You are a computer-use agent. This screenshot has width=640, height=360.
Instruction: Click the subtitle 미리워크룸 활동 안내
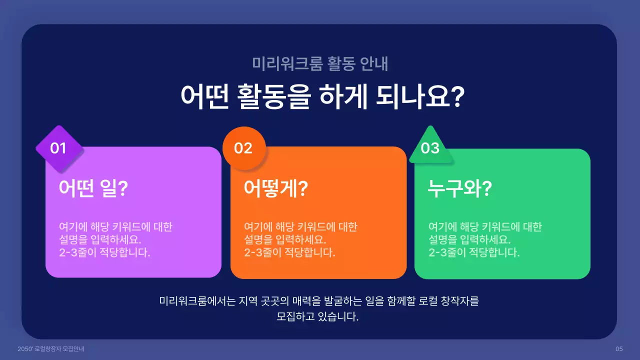point(320,64)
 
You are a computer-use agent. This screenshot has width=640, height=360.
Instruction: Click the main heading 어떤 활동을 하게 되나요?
point(320,96)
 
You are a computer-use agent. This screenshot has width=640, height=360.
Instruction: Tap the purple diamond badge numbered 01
point(59,148)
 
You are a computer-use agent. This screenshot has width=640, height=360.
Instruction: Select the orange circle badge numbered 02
point(243,148)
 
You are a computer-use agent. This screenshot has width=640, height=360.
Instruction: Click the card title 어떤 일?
point(93,189)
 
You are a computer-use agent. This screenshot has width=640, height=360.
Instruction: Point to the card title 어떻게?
point(275,189)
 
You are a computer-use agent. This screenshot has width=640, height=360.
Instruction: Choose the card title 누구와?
point(460,189)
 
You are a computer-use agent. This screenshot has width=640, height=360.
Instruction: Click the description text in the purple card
point(115,239)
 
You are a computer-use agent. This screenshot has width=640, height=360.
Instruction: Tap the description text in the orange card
point(300,239)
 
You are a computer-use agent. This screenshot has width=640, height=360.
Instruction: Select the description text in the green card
point(485,239)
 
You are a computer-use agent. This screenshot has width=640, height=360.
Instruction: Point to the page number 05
point(619,348)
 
